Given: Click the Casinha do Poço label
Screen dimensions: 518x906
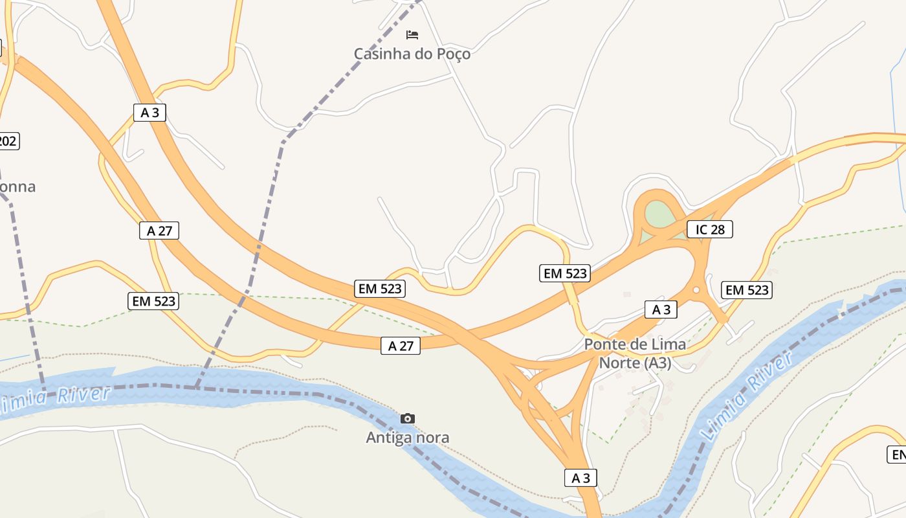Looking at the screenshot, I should tap(412, 54).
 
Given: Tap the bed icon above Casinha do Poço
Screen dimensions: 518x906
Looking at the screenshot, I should tap(412, 34).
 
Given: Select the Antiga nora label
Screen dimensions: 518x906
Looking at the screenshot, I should tap(407, 438).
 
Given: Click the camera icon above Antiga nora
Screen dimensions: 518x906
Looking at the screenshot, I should tap(407, 418).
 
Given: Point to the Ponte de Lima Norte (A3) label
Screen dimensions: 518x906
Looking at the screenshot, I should tap(635, 354).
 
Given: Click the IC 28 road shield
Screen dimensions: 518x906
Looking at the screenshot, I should tap(709, 229).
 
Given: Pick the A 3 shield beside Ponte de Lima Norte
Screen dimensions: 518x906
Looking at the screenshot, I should tap(661, 310).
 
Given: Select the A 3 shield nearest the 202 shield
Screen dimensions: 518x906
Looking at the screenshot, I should tap(149, 113).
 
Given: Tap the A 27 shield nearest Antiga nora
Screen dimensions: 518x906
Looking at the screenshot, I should tap(400, 346).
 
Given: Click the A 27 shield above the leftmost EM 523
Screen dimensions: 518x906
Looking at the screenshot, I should tap(159, 231).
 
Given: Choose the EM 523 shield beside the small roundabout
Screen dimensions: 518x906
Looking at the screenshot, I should tap(747, 290).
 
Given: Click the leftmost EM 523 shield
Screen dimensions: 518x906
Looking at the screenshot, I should tap(153, 301).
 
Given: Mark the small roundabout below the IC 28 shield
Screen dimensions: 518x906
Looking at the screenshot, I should tap(696, 290).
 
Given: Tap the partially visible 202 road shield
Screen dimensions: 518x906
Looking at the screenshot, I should tap(8, 141).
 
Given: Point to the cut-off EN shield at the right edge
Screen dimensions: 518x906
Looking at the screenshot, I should tap(898, 455).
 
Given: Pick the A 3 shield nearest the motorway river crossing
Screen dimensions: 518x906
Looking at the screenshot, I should tap(580, 478).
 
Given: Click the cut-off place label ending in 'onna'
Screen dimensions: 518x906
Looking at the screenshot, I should tap(17, 187).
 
